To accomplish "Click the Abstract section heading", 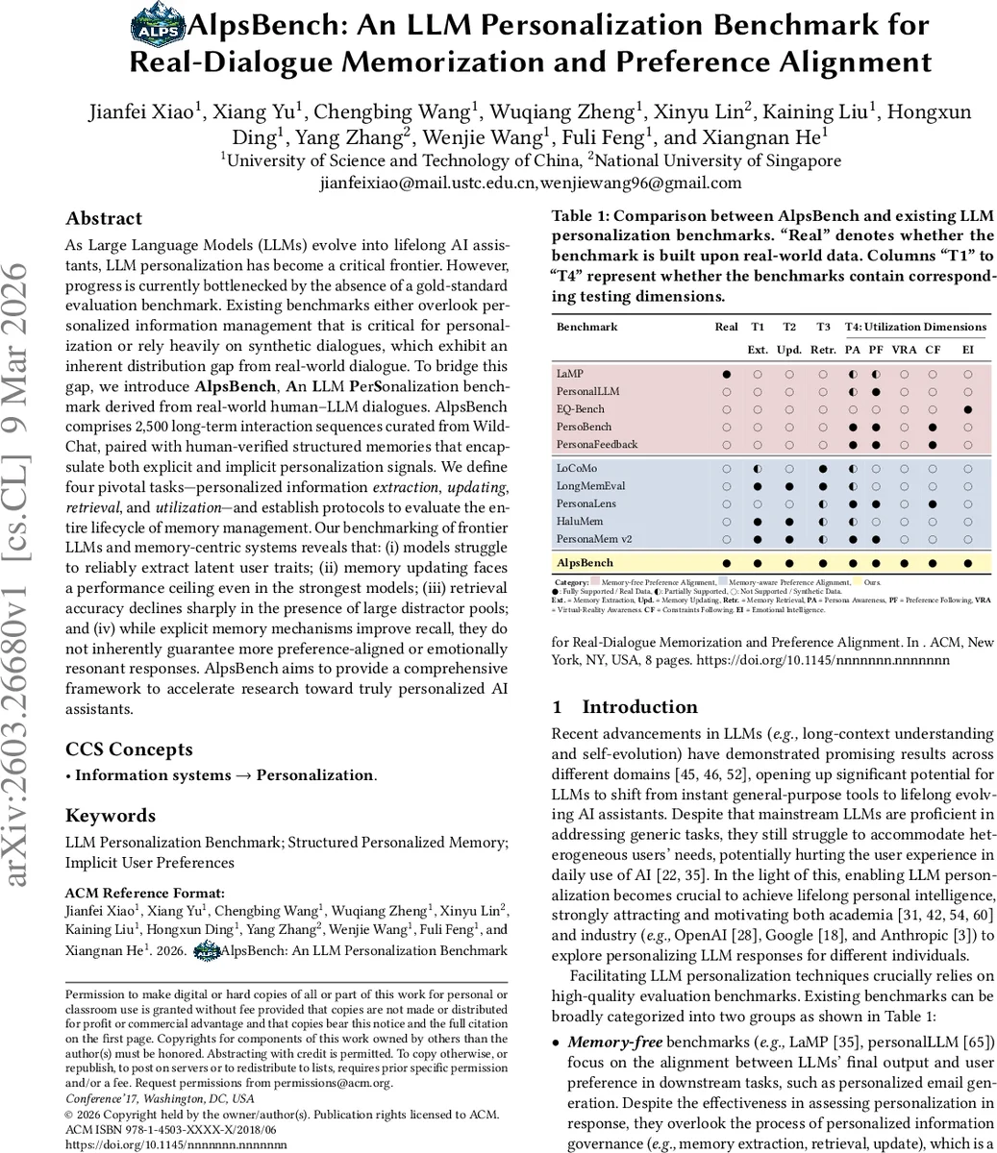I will (x=103, y=218).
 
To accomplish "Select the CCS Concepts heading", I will (x=129, y=749).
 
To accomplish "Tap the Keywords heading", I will (x=110, y=816).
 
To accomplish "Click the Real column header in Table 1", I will (x=727, y=327).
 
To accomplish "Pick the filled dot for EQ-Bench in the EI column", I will (x=967, y=409).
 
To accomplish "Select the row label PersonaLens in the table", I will (x=586, y=503).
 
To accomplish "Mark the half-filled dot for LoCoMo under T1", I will (x=758, y=468).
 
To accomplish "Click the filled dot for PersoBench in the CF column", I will (x=933, y=427).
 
